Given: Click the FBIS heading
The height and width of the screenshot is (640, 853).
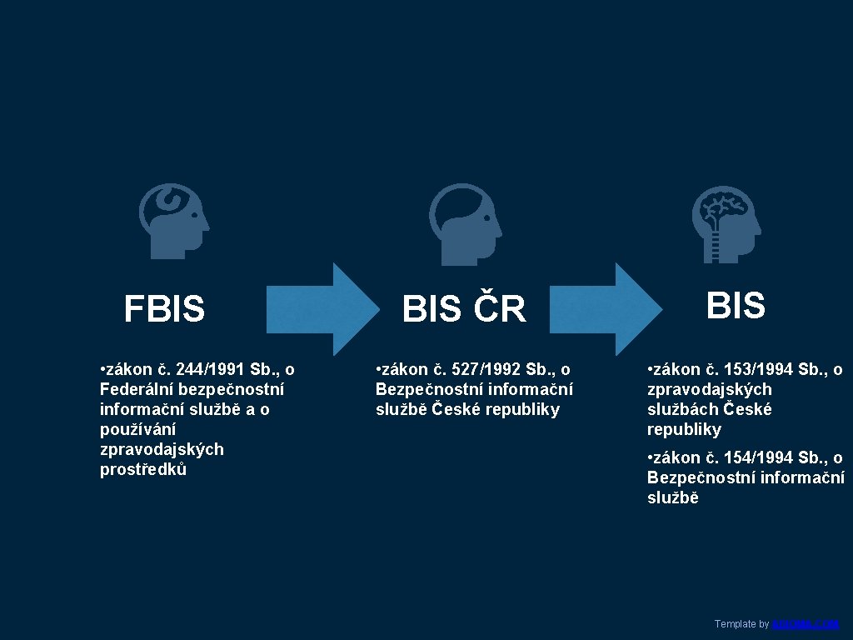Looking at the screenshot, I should [164, 309].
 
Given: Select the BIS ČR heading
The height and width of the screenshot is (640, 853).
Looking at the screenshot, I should [464, 309].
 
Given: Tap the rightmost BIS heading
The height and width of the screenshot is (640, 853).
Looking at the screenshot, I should [736, 306].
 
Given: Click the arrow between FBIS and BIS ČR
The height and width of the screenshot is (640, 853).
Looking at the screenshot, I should [321, 309].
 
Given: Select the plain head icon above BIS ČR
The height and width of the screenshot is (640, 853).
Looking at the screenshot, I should [465, 218].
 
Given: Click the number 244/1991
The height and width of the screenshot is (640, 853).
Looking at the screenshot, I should [211, 369].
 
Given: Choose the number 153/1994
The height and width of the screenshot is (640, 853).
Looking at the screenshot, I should [759, 369].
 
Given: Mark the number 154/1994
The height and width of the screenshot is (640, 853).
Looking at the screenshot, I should [759, 457].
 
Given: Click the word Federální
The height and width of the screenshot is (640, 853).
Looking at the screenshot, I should [138, 389].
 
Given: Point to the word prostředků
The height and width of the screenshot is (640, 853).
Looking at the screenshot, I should [143, 469].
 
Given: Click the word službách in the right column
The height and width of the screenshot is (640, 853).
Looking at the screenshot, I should [682, 409].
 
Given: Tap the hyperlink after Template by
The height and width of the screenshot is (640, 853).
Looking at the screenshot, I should [805, 623].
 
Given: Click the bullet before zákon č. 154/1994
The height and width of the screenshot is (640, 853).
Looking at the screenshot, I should [651, 457].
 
